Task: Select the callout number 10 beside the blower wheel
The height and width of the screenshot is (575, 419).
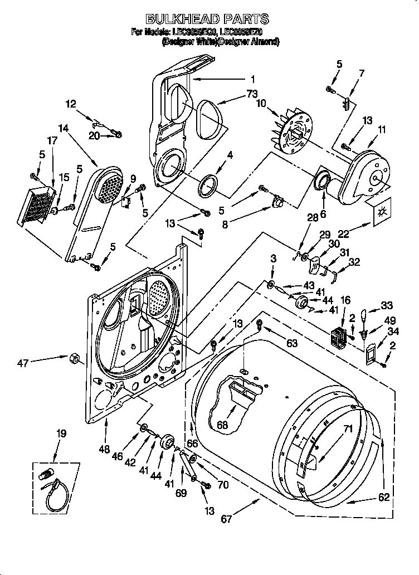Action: [261, 103]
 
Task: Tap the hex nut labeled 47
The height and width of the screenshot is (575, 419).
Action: [73, 358]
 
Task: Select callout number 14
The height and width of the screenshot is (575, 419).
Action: [63, 128]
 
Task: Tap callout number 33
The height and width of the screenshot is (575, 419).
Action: [386, 306]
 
